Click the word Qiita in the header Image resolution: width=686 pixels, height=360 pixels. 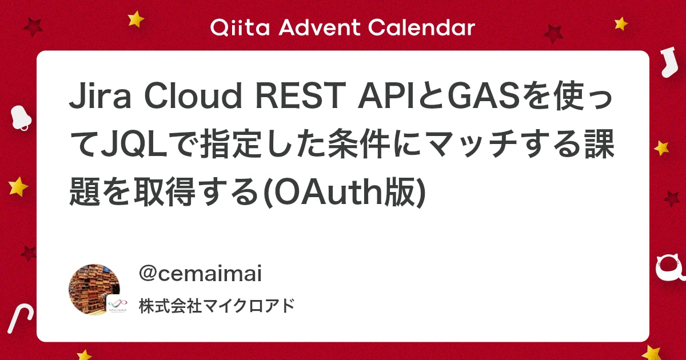click(x=240, y=27)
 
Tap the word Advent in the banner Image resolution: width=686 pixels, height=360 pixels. click(x=319, y=27)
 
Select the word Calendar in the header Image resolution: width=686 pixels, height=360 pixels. click(x=421, y=27)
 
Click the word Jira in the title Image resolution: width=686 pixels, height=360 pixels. click(x=100, y=96)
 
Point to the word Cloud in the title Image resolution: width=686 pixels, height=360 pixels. click(x=193, y=95)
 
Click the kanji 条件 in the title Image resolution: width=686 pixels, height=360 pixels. click(x=359, y=143)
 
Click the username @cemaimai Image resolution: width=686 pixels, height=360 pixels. click(x=200, y=273)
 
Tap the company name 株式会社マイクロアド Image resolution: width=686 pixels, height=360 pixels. click(x=217, y=306)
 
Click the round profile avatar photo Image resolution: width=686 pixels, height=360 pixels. click(x=94, y=289)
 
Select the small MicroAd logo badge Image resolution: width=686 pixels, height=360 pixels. click(x=117, y=306)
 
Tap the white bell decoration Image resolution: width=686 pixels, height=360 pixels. click(x=21, y=118)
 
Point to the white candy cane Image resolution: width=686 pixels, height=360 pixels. click(x=19, y=318)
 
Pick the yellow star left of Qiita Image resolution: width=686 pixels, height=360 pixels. click(x=135, y=19)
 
